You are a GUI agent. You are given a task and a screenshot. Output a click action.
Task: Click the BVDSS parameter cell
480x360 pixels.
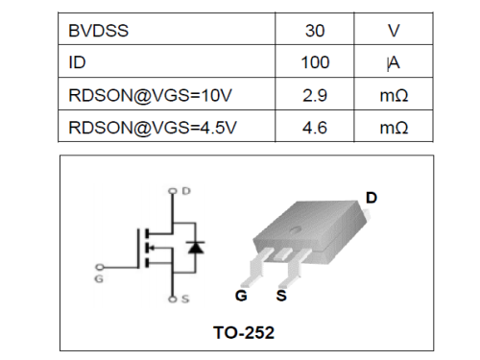99,31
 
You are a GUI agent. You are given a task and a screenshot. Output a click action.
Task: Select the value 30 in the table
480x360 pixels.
315,31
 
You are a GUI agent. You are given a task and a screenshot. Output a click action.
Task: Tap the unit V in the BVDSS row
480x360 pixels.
394,31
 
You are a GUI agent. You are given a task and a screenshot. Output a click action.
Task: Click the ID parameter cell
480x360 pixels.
78,63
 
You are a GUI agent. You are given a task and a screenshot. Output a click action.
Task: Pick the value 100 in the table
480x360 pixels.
315,63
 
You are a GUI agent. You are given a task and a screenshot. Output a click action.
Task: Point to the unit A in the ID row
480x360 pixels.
394,63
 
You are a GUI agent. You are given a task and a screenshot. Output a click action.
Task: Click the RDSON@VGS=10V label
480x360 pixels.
143,95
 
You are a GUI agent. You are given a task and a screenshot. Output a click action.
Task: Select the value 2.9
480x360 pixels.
315,95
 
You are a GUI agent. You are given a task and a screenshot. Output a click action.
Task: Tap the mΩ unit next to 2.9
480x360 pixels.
394,95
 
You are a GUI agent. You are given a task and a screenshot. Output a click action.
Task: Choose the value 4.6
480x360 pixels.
315,127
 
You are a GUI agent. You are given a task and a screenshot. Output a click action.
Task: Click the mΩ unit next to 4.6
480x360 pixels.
394,127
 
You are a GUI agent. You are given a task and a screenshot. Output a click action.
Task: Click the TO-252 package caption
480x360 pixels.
243,333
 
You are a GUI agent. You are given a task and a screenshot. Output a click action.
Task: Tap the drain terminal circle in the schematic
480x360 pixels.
173,191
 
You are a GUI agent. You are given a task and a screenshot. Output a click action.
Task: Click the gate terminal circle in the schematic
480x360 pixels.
100,267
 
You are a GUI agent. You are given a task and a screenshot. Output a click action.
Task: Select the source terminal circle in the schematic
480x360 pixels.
173,300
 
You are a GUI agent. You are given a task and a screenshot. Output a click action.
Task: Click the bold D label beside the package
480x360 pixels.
372,198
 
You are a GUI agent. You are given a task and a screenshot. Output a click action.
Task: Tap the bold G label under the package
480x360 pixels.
241,295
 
